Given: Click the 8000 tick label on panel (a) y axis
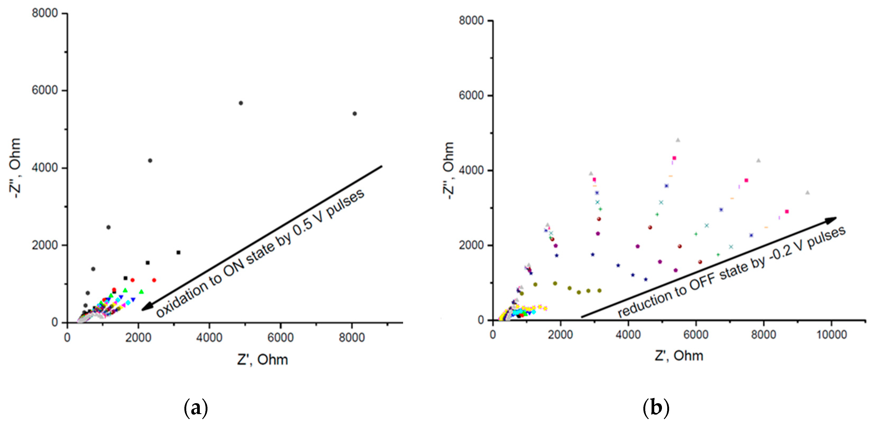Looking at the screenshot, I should point(45,13).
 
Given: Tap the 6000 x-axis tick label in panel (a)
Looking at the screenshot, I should point(280,337).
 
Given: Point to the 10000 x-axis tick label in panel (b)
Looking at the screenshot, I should point(831,335).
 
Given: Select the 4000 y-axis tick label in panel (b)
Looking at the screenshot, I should point(471,170).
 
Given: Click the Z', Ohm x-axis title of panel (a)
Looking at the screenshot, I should point(262,360).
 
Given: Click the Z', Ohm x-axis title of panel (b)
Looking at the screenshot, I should point(679,356).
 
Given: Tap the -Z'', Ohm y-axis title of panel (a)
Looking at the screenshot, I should point(15,168).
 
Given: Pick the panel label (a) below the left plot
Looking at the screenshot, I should point(196,408).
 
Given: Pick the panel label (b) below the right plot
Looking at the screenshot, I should point(656,407).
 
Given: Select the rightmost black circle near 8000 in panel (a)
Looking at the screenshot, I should point(354,114).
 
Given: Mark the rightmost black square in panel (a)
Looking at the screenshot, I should point(179,253).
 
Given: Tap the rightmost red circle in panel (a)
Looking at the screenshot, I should point(154,280).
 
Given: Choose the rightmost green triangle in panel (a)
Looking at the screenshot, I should point(141,292).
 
